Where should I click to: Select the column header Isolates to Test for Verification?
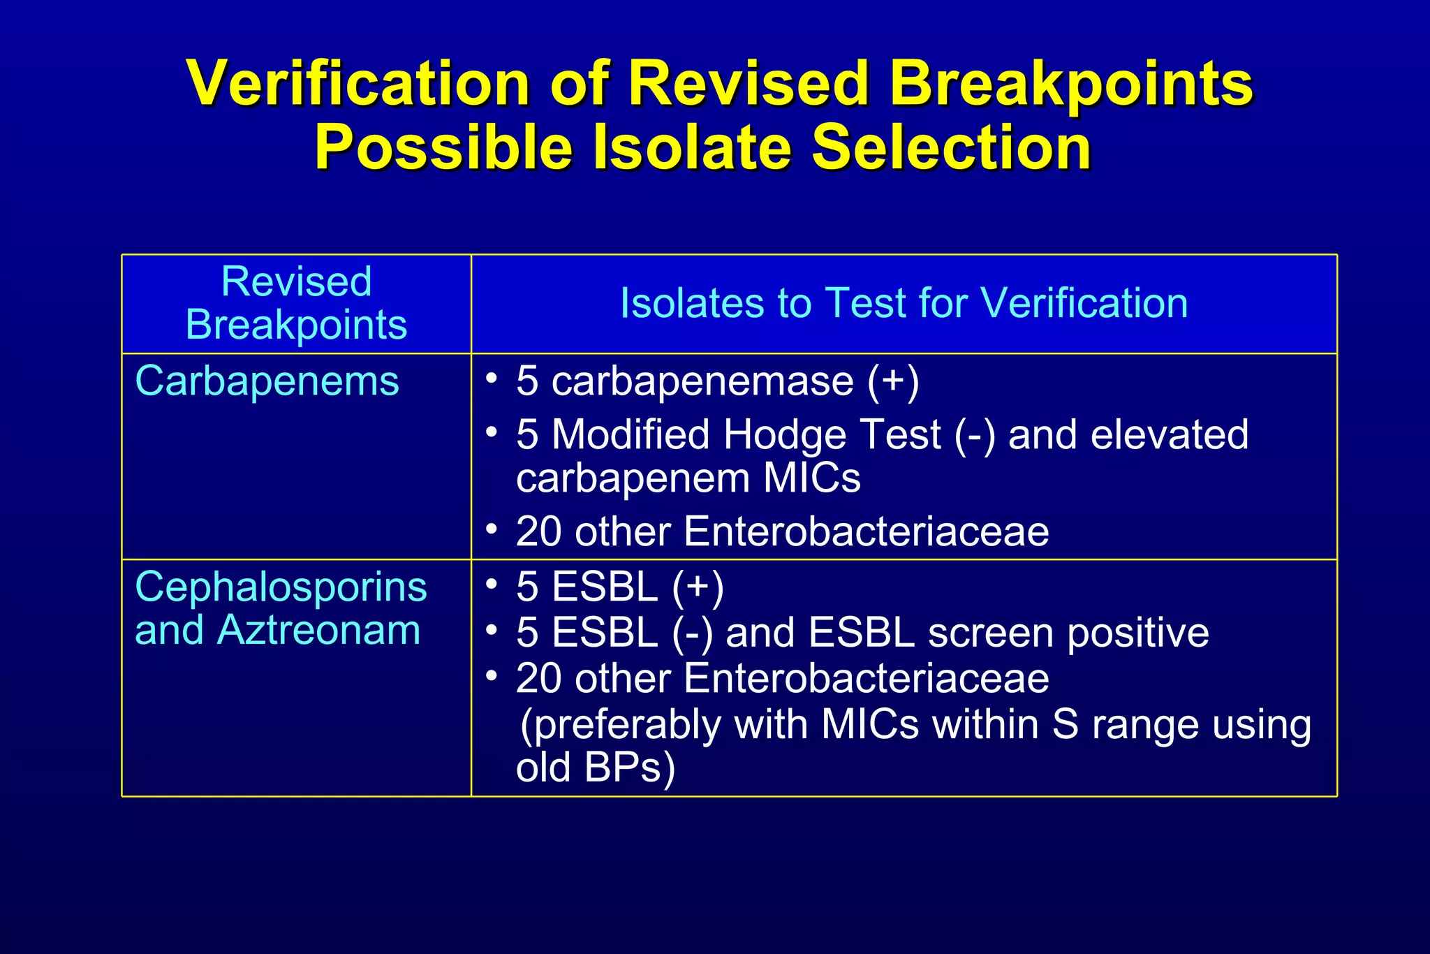click(x=904, y=304)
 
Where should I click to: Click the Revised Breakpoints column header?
click(x=296, y=304)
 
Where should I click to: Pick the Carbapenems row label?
click(x=267, y=382)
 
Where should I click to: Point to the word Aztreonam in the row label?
click(x=319, y=631)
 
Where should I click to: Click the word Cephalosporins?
click(x=281, y=587)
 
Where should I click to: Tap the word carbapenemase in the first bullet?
click(x=702, y=382)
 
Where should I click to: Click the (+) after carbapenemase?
click(x=893, y=382)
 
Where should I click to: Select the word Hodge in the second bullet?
click(x=784, y=435)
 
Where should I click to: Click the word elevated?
click(x=1169, y=435)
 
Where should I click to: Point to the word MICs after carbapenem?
click(x=811, y=479)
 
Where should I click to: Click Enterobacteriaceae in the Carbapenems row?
click(x=866, y=532)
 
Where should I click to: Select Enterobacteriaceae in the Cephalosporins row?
click(x=866, y=679)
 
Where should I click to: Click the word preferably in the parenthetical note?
click(x=621, y=725)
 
